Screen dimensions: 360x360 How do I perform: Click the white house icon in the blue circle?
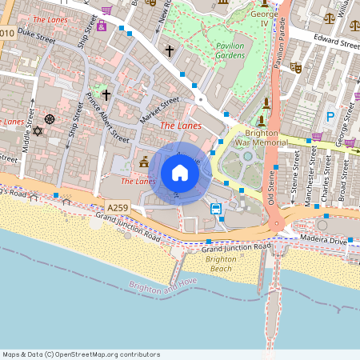pyautogui.click(x=180, y=173)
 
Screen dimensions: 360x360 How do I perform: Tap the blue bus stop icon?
pyautogui.click(x=216, y=209)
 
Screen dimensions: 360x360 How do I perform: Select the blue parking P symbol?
pyautogui.click(x=330, y=118)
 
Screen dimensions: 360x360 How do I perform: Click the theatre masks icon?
pyautogui.click(x=295, y=69)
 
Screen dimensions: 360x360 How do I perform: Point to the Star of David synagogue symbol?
pyautogui.click(x=36, y=130)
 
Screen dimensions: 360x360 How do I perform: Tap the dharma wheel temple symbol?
pyautogui.click(x=50, y=119)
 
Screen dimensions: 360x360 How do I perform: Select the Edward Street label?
pyautogui.click(x=331, y=42)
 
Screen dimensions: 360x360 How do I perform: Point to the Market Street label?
pyautogui.click(x=160, y=109)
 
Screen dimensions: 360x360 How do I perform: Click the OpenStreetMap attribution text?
pyautogui.click(x=81, y=354)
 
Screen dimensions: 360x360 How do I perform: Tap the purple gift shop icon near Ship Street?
pyautogui.click(x=102, y=26)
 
